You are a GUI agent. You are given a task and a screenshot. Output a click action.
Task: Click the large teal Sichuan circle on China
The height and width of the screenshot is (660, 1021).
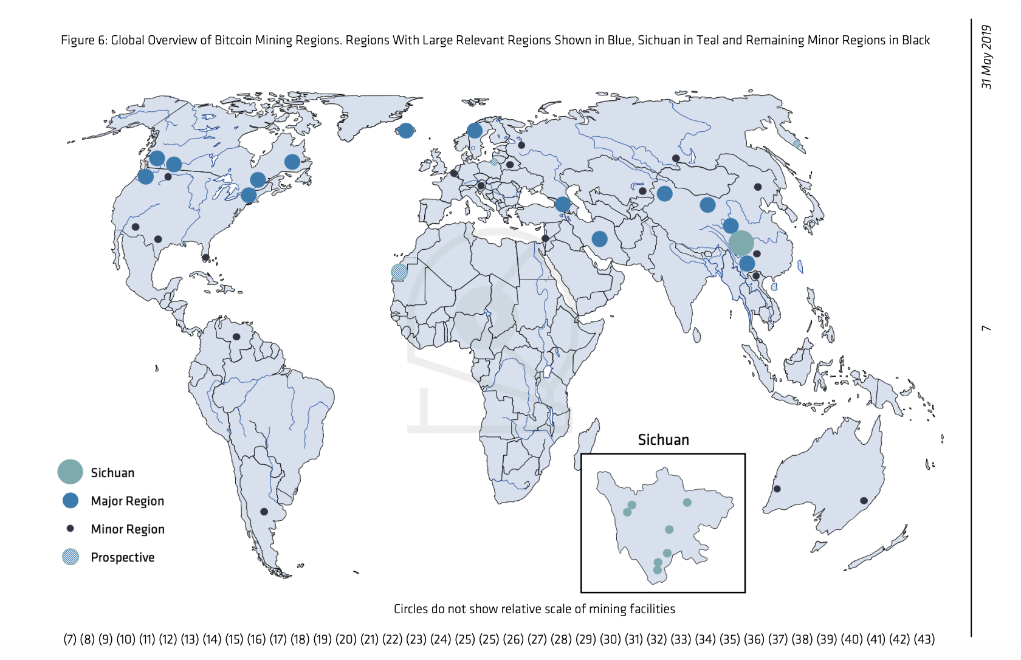click(x=741, y=243)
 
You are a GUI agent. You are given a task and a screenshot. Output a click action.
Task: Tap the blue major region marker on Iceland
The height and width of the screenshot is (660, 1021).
click(x=406, y=130)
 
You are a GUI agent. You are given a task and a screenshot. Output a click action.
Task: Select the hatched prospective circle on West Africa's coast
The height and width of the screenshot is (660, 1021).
click(x=399, y=272)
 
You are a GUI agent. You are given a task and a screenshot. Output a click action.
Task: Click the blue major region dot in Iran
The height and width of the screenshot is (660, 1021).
click(x=599, y=239)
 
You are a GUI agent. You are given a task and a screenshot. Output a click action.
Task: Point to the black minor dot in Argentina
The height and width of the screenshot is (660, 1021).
click(x=264, y=512)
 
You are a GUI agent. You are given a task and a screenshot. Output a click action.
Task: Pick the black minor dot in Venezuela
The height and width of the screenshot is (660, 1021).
click(x=236, y=337)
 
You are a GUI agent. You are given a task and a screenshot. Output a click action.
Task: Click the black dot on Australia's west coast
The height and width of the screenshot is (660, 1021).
click(x=777, y=489)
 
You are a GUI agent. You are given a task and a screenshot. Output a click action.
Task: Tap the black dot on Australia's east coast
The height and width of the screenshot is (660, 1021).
click(x=864, y=501)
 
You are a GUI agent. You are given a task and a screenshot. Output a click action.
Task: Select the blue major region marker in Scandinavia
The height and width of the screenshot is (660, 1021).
click(x=475, y=130)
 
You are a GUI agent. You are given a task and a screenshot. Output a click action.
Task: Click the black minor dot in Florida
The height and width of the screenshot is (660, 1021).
click(x=206, y=258)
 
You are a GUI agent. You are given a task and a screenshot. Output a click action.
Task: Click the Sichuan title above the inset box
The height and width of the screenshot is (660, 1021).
click(x=663, y=440)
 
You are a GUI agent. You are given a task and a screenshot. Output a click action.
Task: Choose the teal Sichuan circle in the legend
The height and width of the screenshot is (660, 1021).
click(x=70, y=472)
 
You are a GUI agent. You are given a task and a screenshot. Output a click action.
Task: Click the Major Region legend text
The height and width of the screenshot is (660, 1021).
click(x=127, y=501)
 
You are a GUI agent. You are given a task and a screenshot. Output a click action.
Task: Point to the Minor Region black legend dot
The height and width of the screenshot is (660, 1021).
click(x=70, y=529)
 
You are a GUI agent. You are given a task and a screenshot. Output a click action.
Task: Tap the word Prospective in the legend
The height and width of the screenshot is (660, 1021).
click(x=122, y=557)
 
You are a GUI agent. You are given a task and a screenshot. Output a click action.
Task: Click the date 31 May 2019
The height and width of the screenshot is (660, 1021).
click(x=987, y=57)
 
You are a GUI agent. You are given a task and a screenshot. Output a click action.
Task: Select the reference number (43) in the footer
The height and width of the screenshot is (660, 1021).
click(x=924, y=639)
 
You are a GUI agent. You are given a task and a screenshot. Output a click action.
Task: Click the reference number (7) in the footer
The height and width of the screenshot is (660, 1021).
click(x=70, y=639)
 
